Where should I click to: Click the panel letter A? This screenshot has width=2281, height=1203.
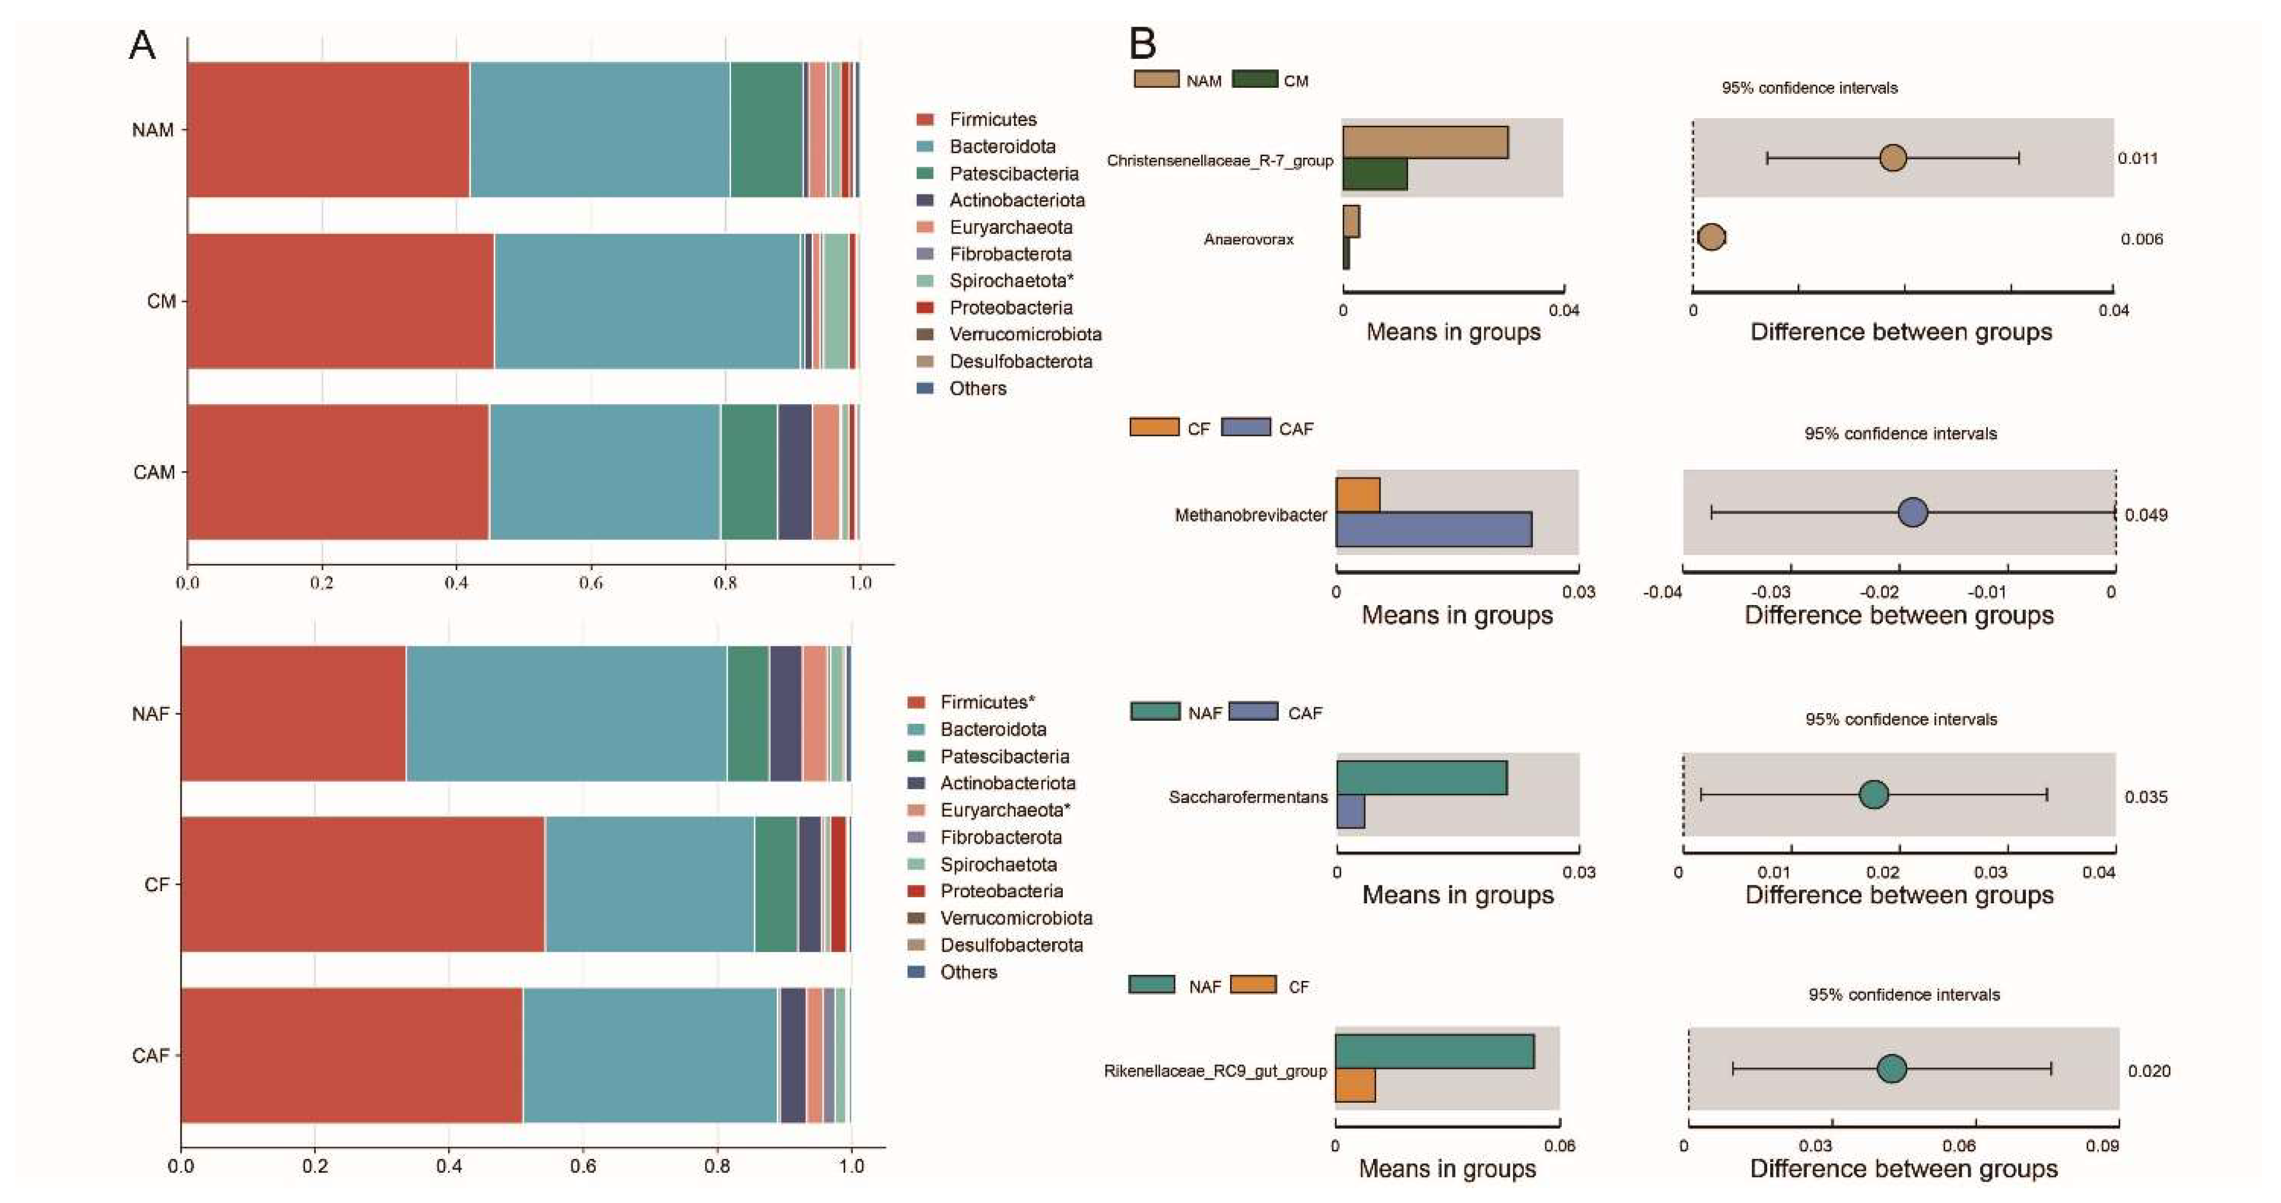[x=142, y=45]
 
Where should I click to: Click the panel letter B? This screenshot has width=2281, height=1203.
[x=1142, y=43]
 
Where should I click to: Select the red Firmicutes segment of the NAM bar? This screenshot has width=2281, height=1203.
[x=328, y=129]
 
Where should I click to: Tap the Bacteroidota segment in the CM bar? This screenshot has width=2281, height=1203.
[x=646, y=301]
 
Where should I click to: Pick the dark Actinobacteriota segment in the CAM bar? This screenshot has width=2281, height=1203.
[x=795, y=472]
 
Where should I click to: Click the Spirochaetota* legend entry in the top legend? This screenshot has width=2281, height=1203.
[x=1011, y=281]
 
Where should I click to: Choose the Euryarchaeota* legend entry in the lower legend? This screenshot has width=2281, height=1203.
[x=1004, y=810]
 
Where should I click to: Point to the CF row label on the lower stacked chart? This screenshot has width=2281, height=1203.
[x=156, y=884]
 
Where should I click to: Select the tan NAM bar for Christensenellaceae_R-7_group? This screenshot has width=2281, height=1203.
[x=1425, y=143]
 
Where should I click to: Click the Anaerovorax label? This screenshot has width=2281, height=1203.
[x=1248, y=239]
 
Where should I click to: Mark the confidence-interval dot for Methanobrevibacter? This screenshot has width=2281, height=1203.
[x=1913, y=512]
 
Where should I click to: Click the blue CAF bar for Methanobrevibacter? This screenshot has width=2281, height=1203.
[x=1432, y=529]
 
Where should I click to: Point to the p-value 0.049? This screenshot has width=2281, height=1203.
[x=2146, y=515]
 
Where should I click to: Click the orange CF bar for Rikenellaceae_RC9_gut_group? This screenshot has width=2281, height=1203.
[x=1355, y=1086]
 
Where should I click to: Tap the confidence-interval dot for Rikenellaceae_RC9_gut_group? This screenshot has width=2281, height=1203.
[x=1891, y=1069]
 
